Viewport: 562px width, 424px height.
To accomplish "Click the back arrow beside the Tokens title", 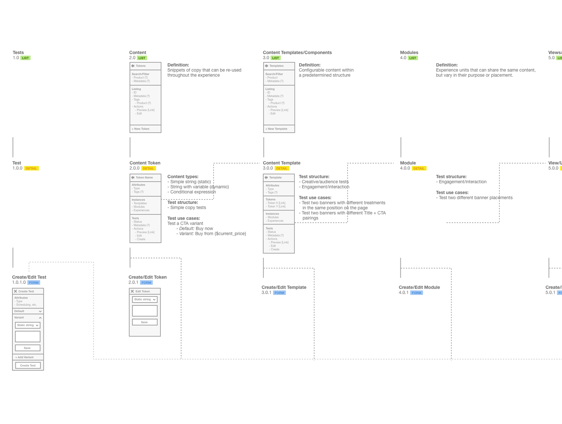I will [x=133, y=66].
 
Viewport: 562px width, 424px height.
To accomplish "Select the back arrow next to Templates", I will [x=266, y=66].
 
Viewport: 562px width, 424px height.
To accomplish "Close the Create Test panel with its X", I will [x=16, y=291].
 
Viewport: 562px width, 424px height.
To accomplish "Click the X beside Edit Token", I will [x=132, y=291].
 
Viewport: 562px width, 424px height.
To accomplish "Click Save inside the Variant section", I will [x=28, y=348].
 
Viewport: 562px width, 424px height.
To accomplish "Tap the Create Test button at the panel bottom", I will [x=28, y=366].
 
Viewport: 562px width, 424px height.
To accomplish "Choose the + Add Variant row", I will [x=24, y=357].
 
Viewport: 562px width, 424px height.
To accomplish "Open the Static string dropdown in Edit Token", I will [x=145, y=299].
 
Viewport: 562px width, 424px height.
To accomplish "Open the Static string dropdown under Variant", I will [x=28, y=325].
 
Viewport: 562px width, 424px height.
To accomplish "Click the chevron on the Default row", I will [x=40, y=311].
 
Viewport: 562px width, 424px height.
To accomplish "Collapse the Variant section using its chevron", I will [x=40, y=318].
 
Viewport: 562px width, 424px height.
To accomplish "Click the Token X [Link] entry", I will [x=276, y=203].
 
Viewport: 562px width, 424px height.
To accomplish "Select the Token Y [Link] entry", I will [x=276, y=206].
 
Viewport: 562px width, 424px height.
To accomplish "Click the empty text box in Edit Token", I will [x=145, y=311].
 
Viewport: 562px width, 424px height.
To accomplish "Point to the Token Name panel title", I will [x=144, y=178].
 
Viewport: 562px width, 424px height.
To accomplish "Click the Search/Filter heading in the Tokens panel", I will [x=140, y=74].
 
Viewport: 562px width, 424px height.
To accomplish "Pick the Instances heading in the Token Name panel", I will [x=138, y=200].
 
